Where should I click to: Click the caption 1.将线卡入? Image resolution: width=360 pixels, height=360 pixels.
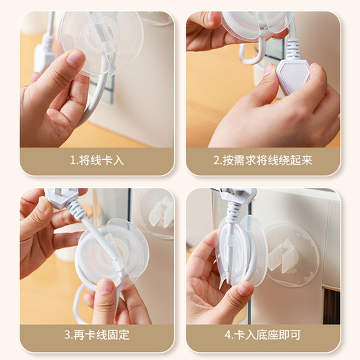pyautogui.click(x=97, y=160)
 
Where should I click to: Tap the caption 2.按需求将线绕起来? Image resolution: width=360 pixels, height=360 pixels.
pyautogui.click(x=263, y=160)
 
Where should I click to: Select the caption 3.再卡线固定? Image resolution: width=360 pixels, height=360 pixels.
pyautogui.click(x=97, y=335)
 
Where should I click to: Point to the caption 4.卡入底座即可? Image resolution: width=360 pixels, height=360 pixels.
pyautogui.click(x=263, y=335)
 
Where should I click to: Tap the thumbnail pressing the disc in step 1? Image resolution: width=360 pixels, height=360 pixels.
pyautogui.click(x=75, y=60)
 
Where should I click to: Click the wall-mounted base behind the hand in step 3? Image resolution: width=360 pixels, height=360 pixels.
pyautogui.click(x=156, y=212)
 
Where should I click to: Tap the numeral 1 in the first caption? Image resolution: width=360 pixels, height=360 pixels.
pyautogui.click(x=72, y=160)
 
